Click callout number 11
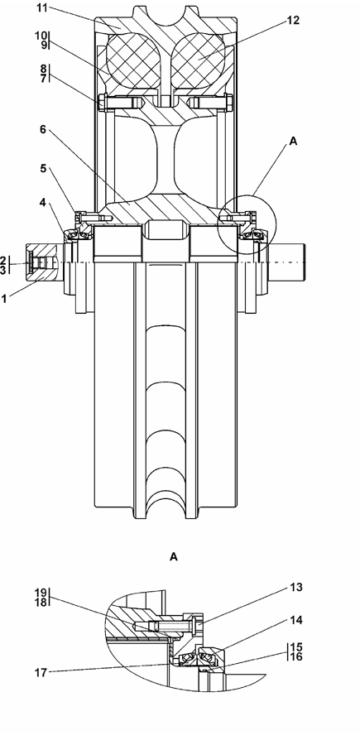[x=42, y=7]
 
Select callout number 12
[x=294, y=21]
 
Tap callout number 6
[x=43, y=129]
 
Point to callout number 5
[x=43, y=169]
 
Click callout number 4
[x=43, y=203]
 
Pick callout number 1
[x=4, y=299]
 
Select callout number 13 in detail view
[x=295, y=588]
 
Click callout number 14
[x=295, y=620]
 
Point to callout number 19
[x=41, y=593]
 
